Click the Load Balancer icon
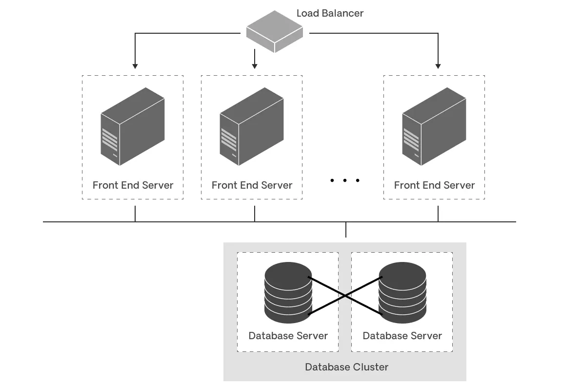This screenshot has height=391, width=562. coord(274,31)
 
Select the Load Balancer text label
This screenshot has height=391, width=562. coord(330,13)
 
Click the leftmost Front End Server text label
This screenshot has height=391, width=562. coord(133,185)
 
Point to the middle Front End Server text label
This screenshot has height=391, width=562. coord(252,185)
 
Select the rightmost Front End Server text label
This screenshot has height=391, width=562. coord(434,185)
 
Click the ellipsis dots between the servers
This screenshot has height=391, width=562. coord(344,180)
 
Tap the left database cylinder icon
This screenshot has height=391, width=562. coord(288,292)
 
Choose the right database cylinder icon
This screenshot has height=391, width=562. coord(402,292)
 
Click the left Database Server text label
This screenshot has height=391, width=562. coord(288,336)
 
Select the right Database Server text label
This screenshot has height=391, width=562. coord(402,336)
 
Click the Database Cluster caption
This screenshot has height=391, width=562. coord(346,367)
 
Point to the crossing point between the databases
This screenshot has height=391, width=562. coord(345,295)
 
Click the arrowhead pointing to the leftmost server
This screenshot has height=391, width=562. coord(135,65)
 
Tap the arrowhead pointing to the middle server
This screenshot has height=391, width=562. coord(254,65)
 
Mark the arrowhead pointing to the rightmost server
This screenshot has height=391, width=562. coord(438,65)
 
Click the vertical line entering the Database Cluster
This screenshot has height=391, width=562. coord(346,230)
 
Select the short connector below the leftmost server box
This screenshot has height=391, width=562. coord(135,214)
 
